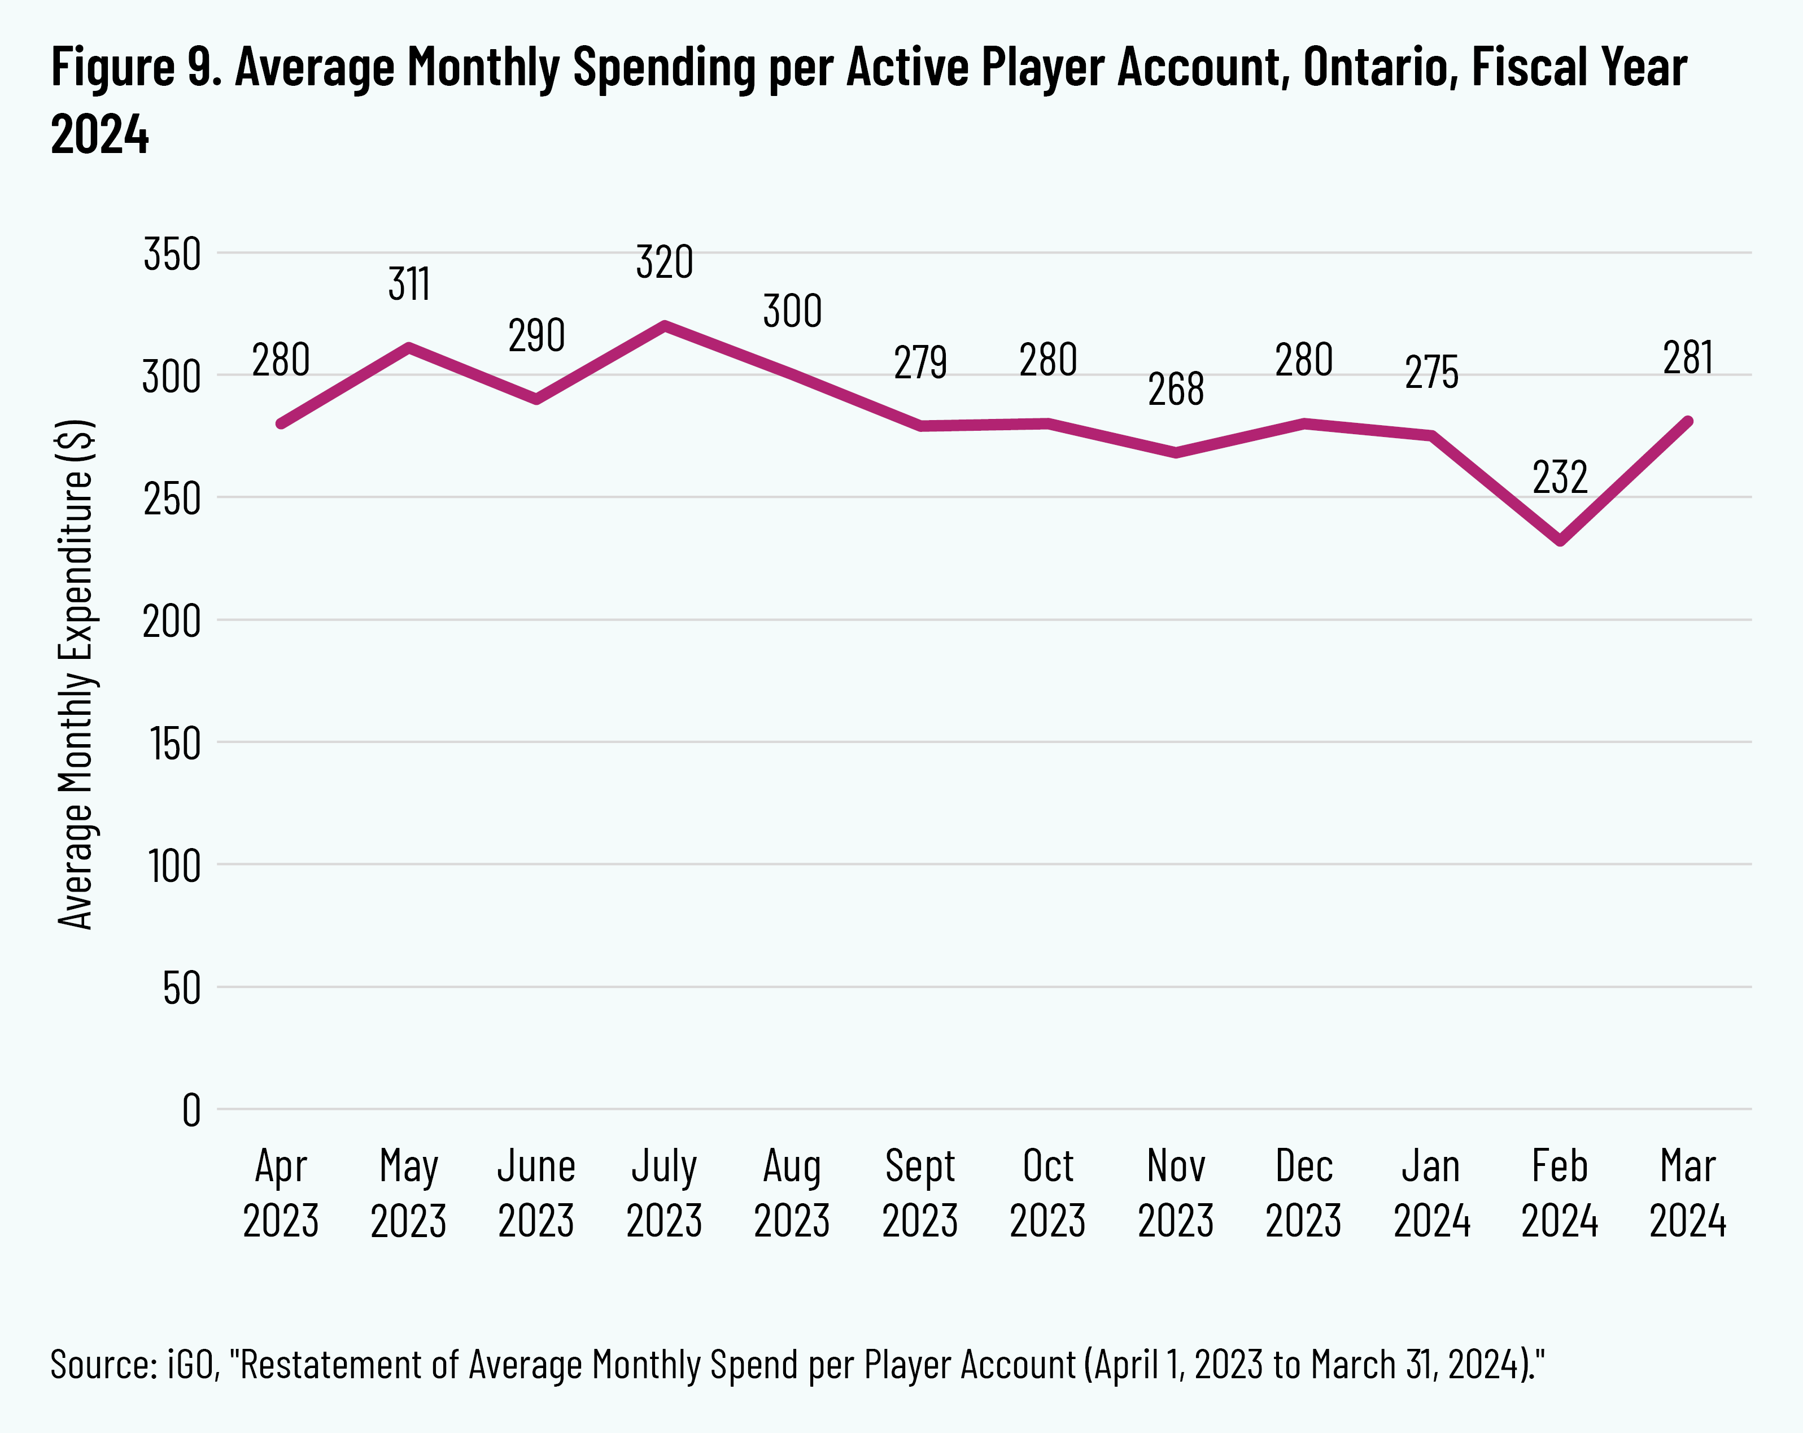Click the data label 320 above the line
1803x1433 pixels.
tap(664, 263)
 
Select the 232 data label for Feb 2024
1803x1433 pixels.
tap(1560, 478)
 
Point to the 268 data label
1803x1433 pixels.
tap(1176, 390)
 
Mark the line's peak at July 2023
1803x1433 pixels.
tap(665, 325)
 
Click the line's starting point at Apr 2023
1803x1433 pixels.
tap(281, 423)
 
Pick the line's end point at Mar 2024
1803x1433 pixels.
tap(1688, 421)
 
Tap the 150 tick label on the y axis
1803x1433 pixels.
tap(176, 743)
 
